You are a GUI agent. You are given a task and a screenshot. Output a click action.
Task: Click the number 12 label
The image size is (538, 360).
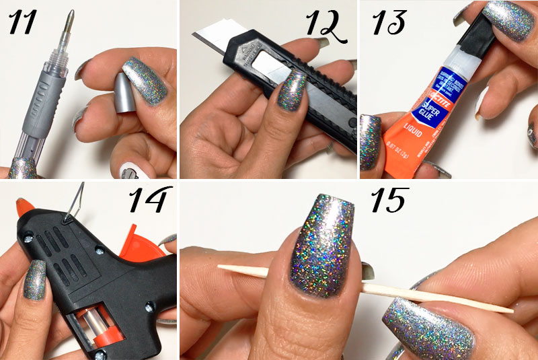tap(325, 26)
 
